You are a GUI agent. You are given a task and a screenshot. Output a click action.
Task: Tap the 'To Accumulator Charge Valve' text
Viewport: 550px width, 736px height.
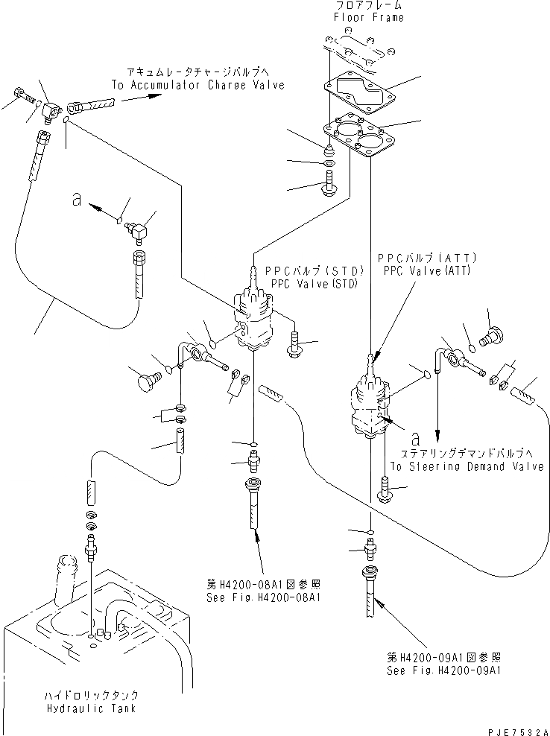[x=197, y=86]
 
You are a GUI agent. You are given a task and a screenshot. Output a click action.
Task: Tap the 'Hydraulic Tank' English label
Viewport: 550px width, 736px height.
[x=90, y=708]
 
